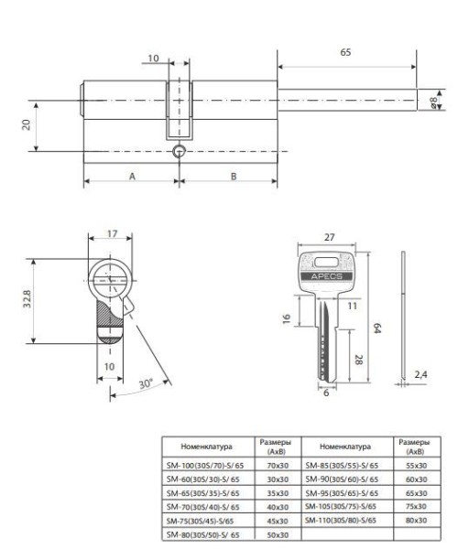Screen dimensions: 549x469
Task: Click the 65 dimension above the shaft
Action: pos(344,53)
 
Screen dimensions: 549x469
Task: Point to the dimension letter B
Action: pos(233,175)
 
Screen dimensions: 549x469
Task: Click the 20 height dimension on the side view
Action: pos(27,124)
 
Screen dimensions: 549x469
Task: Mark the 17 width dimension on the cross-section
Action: pos(111,234)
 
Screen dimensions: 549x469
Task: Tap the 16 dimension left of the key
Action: pos(285,318)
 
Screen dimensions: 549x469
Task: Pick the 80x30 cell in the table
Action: pos(415,520)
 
